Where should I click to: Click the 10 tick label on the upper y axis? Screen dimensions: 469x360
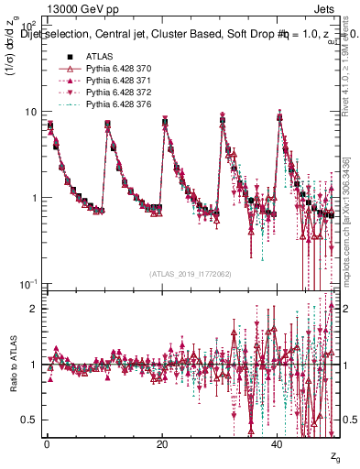click(x=30, y=112)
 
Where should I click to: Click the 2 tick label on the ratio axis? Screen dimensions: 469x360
click(x=32, y=309)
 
